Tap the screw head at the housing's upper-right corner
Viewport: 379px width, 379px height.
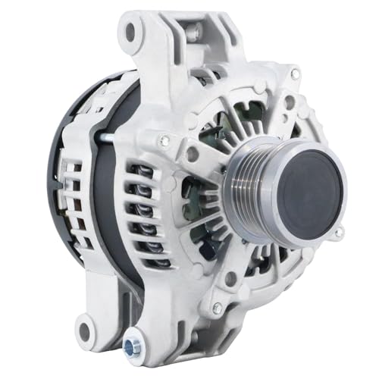(x=294, y=74)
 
